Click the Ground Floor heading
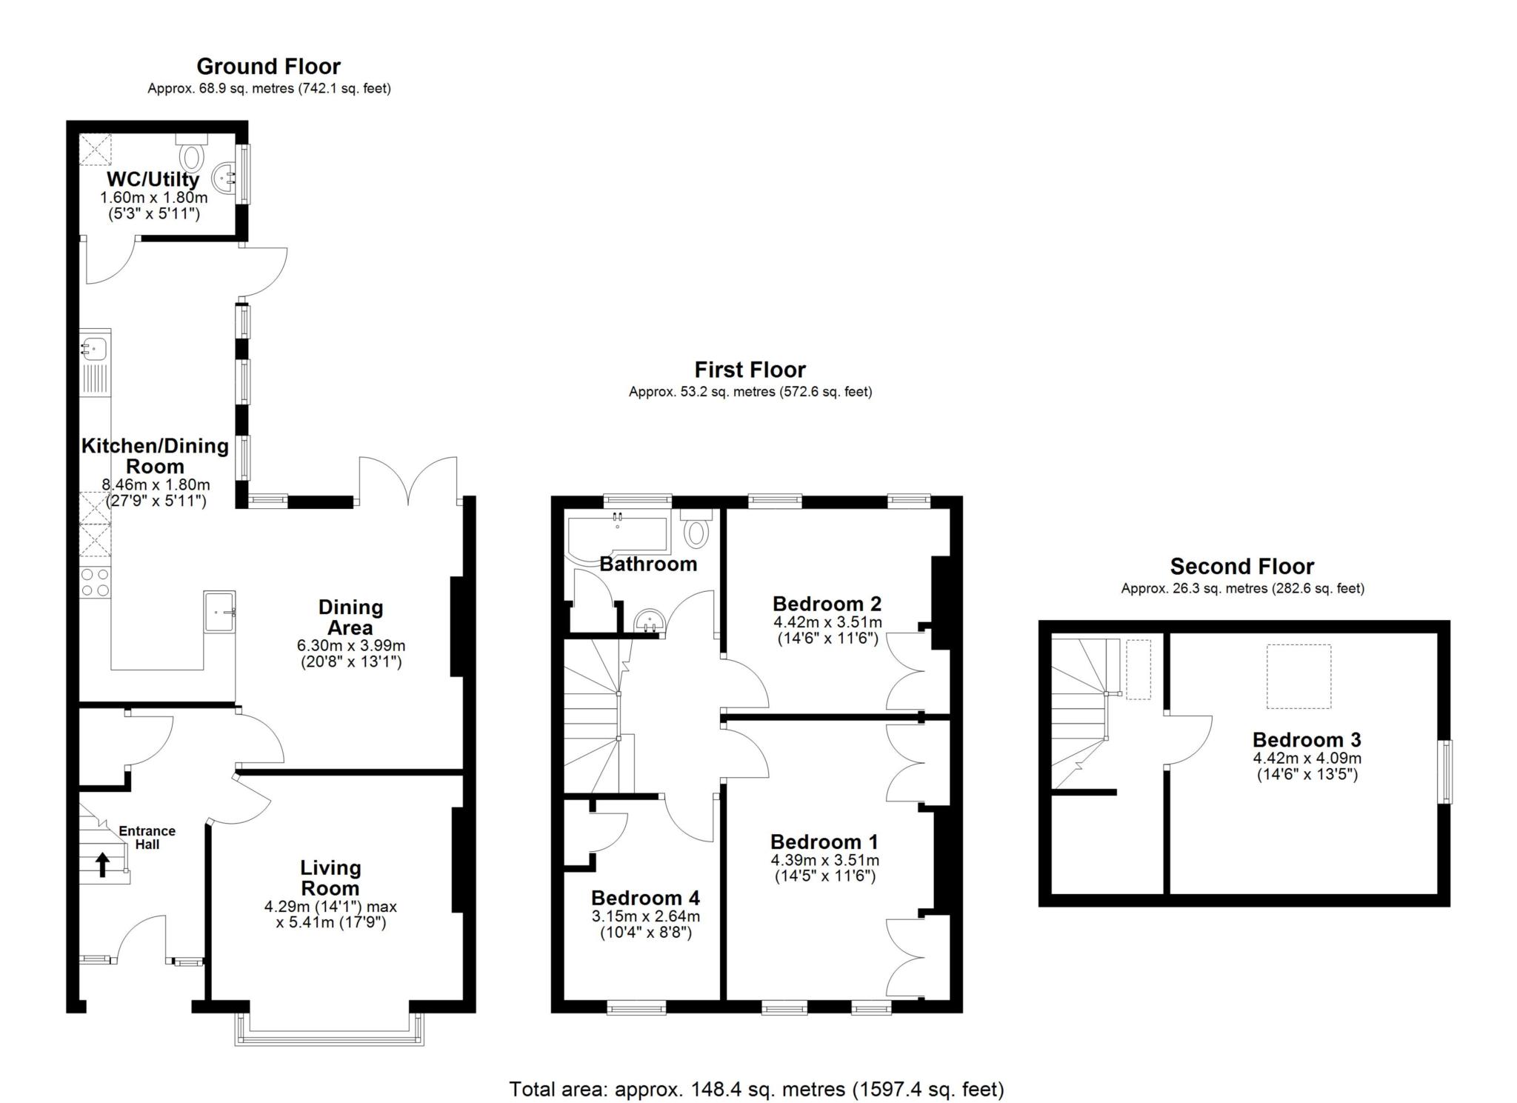(268, 67)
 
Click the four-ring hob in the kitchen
(95, 582)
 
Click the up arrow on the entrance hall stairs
(102, 864)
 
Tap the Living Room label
(330, 878)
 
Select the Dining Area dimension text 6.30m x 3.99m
(350, 645)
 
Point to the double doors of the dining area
(408, 481)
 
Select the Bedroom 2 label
(827, 603)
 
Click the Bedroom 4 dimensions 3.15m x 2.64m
(645, 916)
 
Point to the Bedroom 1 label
(824, 842)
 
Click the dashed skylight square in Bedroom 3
(1298, 676)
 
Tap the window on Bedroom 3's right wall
(1445, 771)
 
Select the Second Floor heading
(1241, 567)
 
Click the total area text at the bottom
(756, 1089)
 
